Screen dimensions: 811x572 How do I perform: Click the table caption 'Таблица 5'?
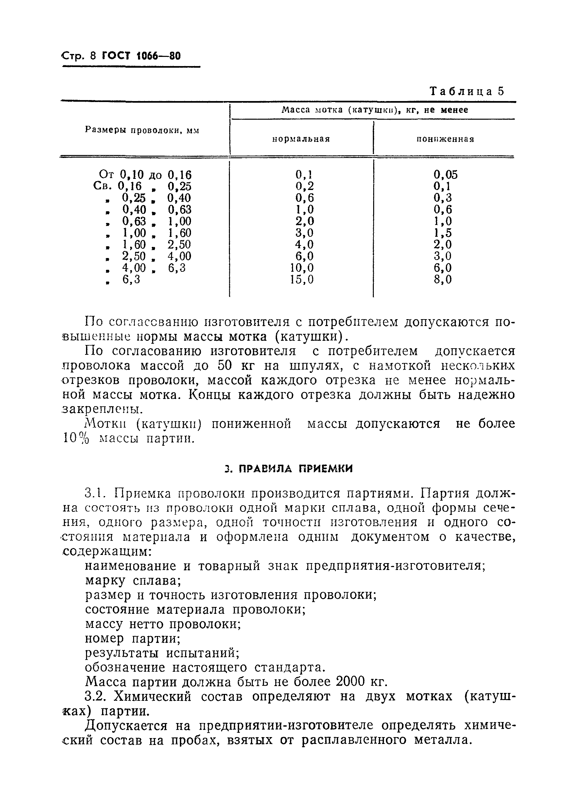coord(466,91)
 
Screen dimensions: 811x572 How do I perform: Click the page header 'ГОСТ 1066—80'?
coord(141,56)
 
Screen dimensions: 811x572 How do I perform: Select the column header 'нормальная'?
coord(301,139)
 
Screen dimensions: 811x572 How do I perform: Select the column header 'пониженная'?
coord(445,139)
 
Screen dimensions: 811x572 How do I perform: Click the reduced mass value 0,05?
coord(445,175)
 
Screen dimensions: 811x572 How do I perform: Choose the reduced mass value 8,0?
coord(443,280)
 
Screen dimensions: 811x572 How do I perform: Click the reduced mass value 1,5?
coord(443,233)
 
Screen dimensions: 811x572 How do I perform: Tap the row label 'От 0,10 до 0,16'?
coord(145,175)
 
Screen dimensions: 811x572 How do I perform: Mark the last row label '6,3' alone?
coord(131,280)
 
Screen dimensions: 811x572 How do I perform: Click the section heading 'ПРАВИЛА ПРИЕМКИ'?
coord(295,469)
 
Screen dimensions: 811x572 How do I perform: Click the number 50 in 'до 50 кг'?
coord(224,366)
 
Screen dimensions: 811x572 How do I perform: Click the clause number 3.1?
coord(95,493)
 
